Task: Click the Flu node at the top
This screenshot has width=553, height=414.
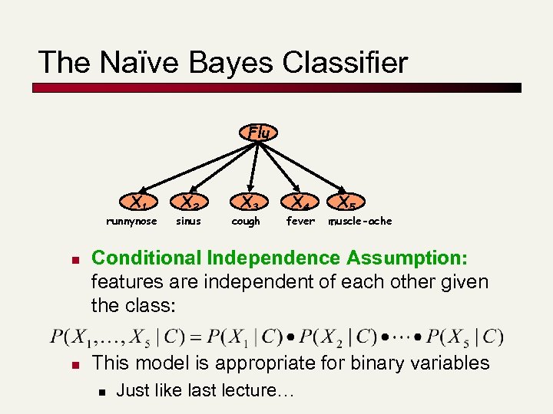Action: (259, 133)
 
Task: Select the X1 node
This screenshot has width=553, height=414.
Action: (139, 203)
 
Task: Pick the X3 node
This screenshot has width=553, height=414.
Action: (248, 203)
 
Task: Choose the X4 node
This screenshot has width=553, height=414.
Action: (299, 203)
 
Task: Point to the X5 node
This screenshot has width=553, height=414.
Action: (346, 203)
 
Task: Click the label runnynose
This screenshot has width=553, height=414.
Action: (131, 222)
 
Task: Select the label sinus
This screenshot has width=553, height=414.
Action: (188, 222)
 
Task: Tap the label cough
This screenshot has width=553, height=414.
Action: (246, 222)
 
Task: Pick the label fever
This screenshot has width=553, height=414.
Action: (300, 222)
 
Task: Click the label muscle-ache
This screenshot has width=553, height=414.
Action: (360, 222)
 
